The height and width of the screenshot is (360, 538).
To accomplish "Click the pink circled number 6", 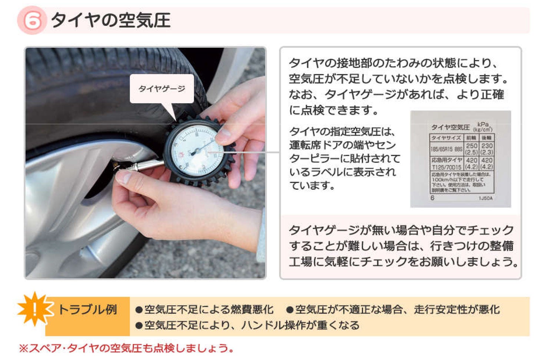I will pyautogui.click(x=31, y=20).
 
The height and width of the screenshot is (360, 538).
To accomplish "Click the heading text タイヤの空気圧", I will pyautogui.click(x=110, y=20).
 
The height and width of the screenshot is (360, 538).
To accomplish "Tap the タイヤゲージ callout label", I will pyautogui.click(x=162, y=89).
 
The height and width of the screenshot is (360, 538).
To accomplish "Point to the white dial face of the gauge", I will pyautogui.click(x=194, y=151).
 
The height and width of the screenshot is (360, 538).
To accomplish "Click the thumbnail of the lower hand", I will pyautogui.click(x=124, y=177).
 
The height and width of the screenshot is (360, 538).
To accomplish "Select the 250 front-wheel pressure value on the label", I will pyautogui.click(x=471, y=146).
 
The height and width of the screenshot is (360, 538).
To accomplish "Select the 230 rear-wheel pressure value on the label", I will pyautogui.click(x=486, y=146).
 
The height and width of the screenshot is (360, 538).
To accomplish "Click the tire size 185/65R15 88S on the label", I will pyautogui.click(x=446, y=149).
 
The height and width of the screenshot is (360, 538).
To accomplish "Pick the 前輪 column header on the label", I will pyautogui.click(x=471, y=138).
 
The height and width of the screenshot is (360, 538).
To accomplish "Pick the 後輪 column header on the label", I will pyautogui.click(x=486, y=138).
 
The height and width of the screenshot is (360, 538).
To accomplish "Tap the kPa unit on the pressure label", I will pyautogui.click(x=483, y=124).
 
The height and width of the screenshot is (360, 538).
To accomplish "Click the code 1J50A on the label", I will pyautogui.click(x=485, y=198).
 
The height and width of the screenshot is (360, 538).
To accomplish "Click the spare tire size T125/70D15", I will pyautogui.click(x=446, y=167).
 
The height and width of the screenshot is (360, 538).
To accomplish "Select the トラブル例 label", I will pyautogui.click(x=87, y=309).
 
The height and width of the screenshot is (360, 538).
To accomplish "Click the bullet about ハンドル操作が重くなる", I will pyautogui.click(x=252, y=325).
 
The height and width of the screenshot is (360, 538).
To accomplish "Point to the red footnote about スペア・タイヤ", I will pyautogui.click(x=126, y=348).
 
